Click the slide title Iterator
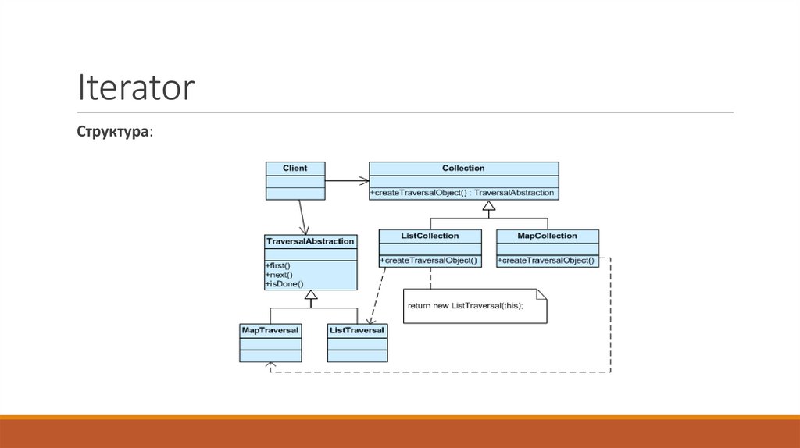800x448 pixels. (x=135, y=87)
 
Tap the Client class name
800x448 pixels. (x=295, y=168)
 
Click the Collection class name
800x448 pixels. (x=463, y=168)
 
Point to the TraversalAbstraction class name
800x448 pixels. (x=310, y=241)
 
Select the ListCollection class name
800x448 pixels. (x=430, y=236)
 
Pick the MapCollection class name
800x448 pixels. (x=547, y=236)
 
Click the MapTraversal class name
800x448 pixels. (x=270, y=331)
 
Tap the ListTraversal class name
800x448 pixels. (x=357, y=331)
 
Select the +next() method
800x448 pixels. (x=280, y=276)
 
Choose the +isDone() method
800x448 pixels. (x=284, y=285)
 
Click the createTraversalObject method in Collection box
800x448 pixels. (x=462, y=193)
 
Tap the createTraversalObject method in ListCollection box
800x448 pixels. (x=429, y=261)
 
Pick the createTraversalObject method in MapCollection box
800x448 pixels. (x=547, y=261)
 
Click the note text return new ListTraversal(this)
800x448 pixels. (x=465, y=305)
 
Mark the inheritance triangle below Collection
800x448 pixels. (x=488, y=207)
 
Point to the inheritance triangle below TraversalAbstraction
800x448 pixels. (x=311, y=296)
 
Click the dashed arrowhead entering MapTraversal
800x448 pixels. (x=270, y=365)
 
